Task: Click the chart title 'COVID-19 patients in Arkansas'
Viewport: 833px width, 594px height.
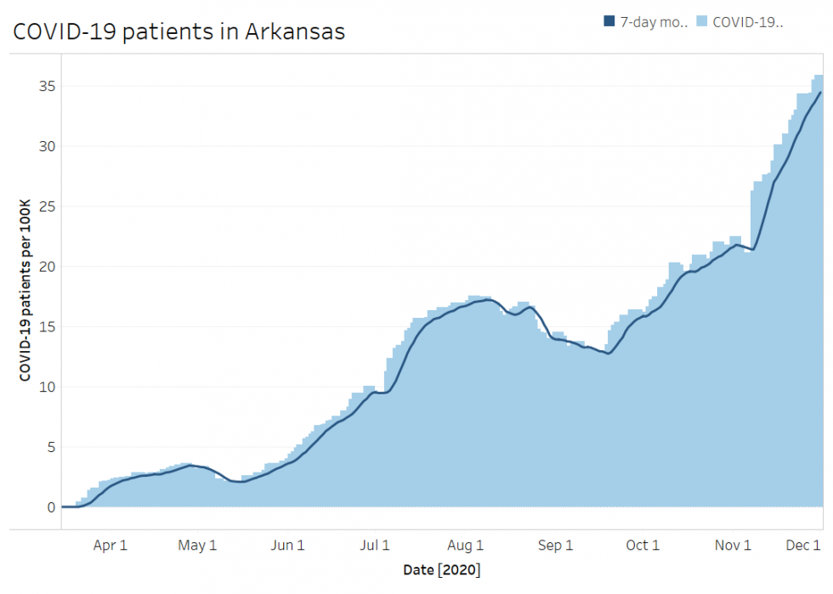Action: [x=178, y=31]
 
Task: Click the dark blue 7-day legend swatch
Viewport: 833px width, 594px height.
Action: [x=609, y=22]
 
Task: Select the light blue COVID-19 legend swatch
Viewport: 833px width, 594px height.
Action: [x=703, y=22]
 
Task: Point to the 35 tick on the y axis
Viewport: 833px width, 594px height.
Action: [x=48, y=86]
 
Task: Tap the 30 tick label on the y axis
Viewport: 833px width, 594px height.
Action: [x=48, y=146]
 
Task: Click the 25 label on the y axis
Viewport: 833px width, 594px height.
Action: [x=48, y=206]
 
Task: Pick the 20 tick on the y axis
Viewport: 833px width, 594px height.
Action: [x=48, y=267]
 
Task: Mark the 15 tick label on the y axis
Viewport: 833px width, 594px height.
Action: [x=48, y=327]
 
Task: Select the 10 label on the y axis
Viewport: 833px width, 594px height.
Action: [x=48, y=388]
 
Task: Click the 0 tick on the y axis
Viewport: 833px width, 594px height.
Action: [x=51, y=507]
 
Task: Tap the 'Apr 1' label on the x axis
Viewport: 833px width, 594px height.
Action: [x=110, y=546]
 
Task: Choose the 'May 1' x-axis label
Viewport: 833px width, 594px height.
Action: [x=198, y=546]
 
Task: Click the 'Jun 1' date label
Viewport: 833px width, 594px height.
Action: [x=288, y=546]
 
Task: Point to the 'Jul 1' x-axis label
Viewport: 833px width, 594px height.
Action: [x=376, y=546]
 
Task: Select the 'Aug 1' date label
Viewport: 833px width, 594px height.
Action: [x=466, y=546]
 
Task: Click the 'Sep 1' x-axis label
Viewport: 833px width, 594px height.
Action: [x=556, y=546]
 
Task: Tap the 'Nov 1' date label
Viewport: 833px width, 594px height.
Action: [x=733, y=546]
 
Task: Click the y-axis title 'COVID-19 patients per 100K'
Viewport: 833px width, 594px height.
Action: [x=25, y=290]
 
